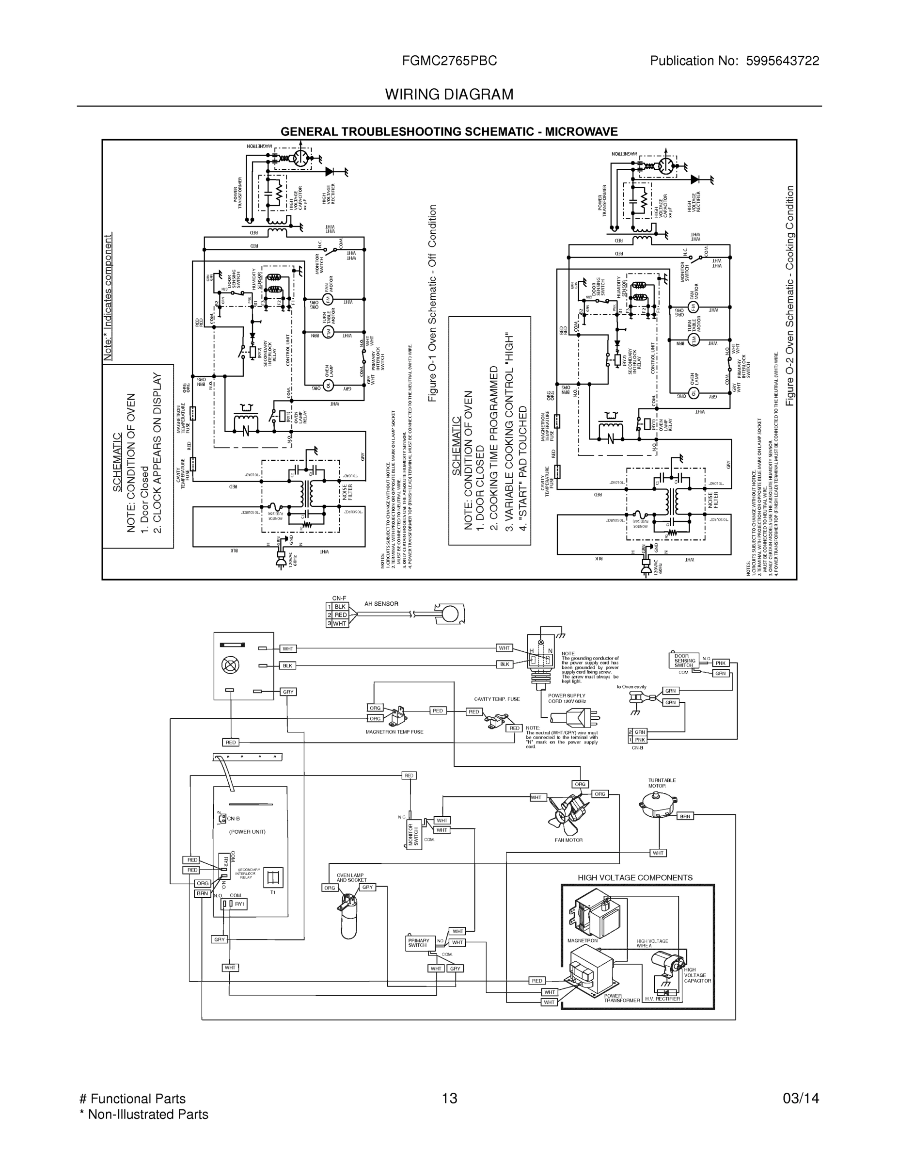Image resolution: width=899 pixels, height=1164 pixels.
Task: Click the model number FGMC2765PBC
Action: pos(450,61)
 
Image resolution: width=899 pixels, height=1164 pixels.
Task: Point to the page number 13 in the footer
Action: pos(450,1098)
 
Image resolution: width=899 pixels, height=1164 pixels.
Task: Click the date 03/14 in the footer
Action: pos(801,1098)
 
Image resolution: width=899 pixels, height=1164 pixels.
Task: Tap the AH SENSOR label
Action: pos(381,604)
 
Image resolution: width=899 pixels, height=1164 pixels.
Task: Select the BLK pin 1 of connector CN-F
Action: pos(340,607)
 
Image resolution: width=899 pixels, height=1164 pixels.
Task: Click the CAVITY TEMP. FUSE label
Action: pos(496,699)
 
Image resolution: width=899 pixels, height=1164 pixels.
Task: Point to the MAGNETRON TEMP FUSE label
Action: pos(394,732)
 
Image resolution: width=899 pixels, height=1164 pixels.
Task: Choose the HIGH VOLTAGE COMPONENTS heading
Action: pos(635,877)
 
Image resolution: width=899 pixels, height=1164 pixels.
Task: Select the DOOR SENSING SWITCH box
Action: pos(684,661)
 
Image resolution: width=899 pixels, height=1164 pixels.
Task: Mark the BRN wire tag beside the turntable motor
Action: pos(685,816)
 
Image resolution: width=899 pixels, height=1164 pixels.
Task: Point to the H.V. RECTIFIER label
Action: pos(662,999)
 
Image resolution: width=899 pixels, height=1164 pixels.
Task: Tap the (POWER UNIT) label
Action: pos(247,831)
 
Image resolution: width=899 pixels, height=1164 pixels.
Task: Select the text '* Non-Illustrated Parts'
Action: pos(143,1114)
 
